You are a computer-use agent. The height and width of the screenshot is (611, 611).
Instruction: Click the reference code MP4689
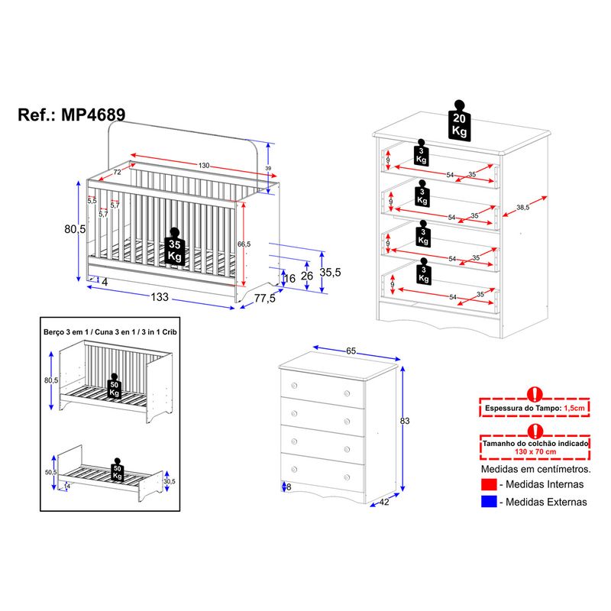(93, 115)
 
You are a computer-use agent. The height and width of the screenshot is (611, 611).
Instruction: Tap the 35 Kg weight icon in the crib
(175, 247)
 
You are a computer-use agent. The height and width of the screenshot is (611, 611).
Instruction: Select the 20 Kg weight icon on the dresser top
(460, 121)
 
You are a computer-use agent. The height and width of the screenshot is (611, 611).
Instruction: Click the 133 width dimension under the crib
(160, 297)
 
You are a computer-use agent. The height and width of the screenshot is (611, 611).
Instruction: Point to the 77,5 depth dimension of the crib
(264, 299)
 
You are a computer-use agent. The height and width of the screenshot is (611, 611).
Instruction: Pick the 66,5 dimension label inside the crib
(244, 244)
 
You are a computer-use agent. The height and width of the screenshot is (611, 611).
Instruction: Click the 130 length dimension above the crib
(204, 166)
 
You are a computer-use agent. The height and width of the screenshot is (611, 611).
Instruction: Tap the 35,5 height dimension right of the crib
(330, 273)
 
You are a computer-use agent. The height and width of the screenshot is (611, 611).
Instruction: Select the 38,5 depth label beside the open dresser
(523, 208)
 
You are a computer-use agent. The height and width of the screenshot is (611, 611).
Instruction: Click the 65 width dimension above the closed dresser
(351, 351)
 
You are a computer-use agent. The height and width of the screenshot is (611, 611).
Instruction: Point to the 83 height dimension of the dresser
(405, 421)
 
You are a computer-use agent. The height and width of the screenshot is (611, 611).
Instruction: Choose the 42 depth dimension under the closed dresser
(384, 502)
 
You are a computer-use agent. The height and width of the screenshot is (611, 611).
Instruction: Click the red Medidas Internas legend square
(489, 484)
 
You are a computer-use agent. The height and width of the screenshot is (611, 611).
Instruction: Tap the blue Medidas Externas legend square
(489, 502)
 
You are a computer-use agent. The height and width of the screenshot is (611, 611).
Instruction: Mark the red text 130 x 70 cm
(535, 451)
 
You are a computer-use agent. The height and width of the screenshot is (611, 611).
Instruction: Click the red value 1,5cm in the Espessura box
(574, 409)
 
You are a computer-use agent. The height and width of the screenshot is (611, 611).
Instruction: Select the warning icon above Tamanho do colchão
(535, 431)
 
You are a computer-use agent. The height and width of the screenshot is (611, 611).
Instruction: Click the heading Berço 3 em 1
(65, 332)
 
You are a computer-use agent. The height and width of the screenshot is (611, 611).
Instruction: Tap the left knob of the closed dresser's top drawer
(294, 386)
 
